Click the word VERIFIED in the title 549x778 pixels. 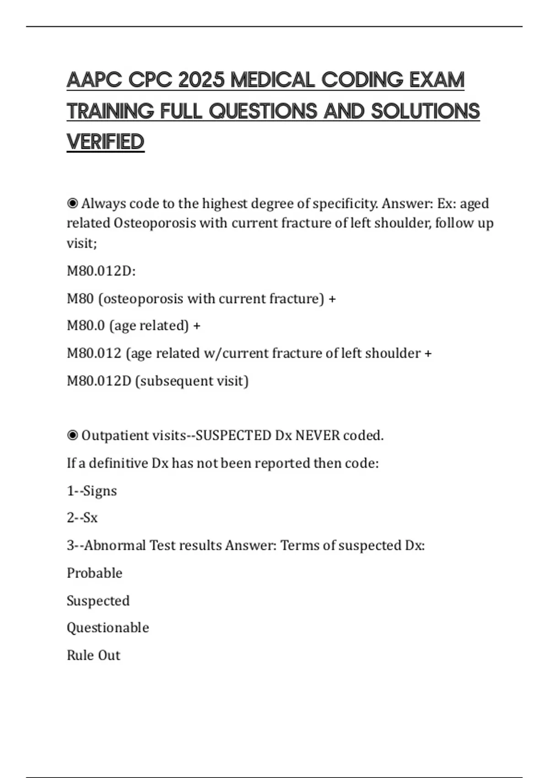[106, 142]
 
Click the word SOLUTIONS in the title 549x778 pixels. [425, 111]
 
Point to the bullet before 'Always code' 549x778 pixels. [72, 203]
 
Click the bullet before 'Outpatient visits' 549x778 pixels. [72, 435]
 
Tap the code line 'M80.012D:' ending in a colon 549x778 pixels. [101, 271]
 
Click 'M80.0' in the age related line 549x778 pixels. [86, 326]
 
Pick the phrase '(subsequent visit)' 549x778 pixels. [192, 381]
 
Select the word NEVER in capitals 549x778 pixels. [318, 435]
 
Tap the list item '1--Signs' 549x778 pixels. [92, 491]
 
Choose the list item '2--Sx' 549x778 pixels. [82, 518]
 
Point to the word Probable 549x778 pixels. [95, 573]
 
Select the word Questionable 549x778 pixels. [108, 627]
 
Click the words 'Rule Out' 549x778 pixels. [94, 655]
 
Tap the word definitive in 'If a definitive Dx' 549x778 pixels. [118, 463]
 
